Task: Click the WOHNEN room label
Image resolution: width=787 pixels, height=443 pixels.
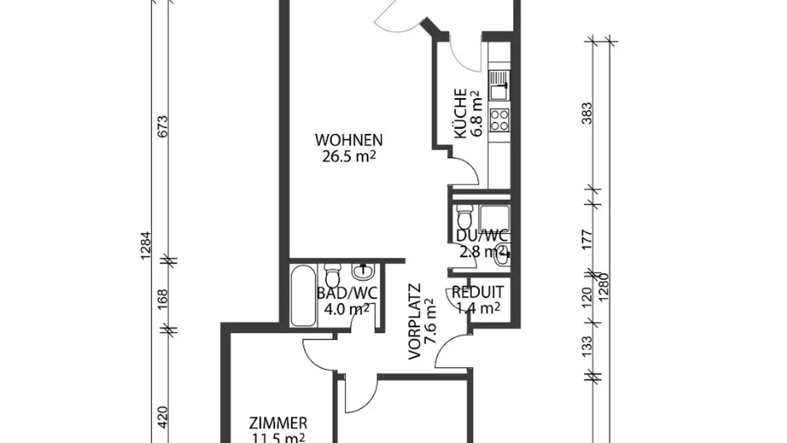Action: pyautogui.click(x=348, y=140)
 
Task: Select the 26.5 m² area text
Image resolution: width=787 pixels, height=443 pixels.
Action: pyautogui.click(x=348, y=157)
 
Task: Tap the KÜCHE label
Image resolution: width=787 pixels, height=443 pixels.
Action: pyautogui.click(x=460, y=114)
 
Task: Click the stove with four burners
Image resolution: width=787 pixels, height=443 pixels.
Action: pyautogui.click(x=500, y=120)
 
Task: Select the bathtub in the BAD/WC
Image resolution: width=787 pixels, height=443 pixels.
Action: pyautogui.click(x=303, y=295)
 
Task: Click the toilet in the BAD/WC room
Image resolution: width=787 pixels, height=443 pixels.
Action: pyautogui.click(x=332, y=275)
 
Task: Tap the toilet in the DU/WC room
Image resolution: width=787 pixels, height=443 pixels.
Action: pyautogui.click(x=463, y=218)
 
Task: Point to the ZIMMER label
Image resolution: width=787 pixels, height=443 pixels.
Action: pyautogui.click(x=278, y=423)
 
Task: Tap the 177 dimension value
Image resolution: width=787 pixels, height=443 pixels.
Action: pyautogui.click(x=588, y=240)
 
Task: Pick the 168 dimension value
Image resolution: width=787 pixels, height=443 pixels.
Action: pyautogui.click(x=163, y=300)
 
